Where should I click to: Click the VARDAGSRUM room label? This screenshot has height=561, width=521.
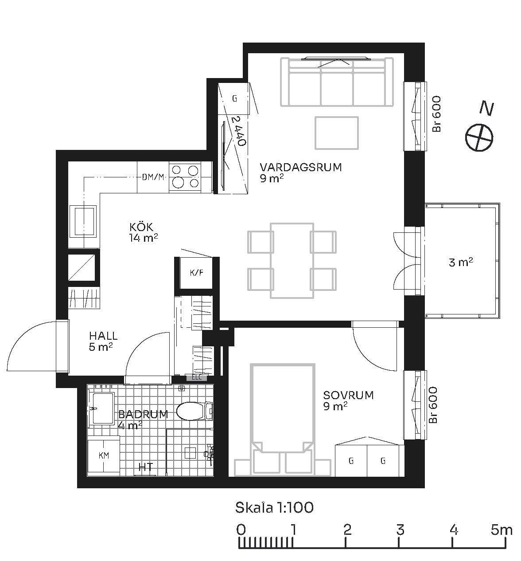[x=300, y=167]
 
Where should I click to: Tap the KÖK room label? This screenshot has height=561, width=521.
[x=141, y=227]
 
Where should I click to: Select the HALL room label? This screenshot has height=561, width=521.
[x=103, y=336]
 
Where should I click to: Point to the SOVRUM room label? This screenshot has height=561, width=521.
[x=348, y=395]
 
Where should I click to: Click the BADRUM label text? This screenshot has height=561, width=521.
[x=143, y=414]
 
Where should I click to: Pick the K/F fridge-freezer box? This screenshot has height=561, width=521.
[x=196, y=273]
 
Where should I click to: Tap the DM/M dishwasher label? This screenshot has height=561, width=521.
[x=153, y=177]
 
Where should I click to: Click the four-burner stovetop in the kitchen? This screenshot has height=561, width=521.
[x=185, y=177]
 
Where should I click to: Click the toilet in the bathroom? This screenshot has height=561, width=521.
[x=194, y=411]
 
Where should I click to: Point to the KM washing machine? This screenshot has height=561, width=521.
[x=104, y=455]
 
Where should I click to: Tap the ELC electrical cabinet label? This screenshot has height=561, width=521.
[x=196, y=377]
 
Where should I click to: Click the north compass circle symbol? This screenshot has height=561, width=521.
[x=479, y=137]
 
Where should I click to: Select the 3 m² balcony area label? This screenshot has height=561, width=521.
[x=461, y=262]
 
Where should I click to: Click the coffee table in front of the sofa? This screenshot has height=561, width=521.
[x=336, y=133]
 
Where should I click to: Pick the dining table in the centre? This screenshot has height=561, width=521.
[x=292, y=260]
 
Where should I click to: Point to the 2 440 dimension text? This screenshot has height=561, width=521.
[x=239, y=131]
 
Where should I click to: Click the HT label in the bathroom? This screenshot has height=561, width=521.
[x=146, y=467]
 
